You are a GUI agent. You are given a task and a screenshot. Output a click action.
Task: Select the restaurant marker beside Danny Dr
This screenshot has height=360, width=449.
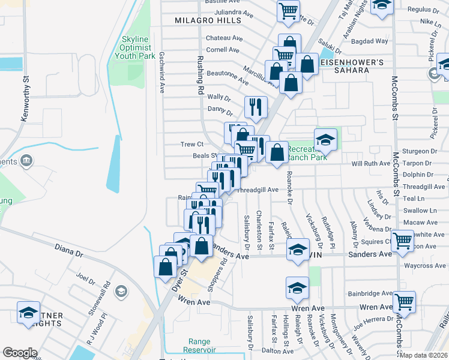click(x=256, y=107)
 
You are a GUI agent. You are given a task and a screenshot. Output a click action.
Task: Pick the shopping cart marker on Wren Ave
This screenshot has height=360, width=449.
click(x=405, y=302)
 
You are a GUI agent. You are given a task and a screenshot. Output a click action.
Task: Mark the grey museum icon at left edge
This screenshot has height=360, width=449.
click(x=26, y=161)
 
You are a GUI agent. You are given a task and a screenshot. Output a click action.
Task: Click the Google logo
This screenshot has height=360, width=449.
click(x=20, y=353)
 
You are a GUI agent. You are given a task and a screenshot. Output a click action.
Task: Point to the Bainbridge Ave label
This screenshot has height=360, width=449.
click(x=369, y=294)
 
